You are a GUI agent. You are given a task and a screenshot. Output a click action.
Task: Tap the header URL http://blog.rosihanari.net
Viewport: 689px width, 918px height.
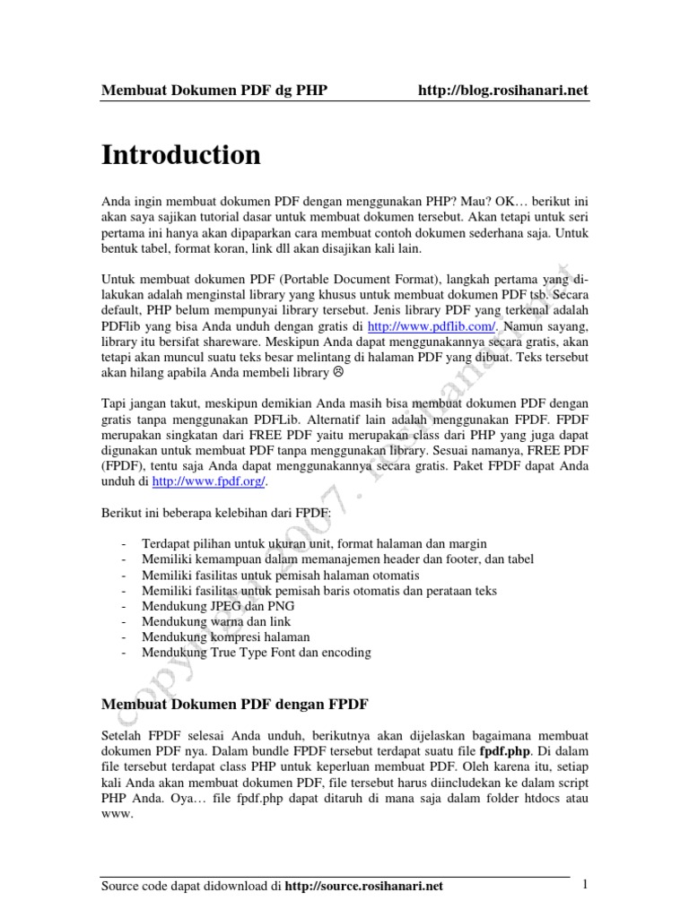point(503,91)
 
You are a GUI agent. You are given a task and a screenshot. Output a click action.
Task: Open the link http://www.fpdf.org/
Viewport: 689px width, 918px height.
point(209,481)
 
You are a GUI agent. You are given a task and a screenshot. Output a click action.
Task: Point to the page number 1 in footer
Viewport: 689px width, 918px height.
point(584,885)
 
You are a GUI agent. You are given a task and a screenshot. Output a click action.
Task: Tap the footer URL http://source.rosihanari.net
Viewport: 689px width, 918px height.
point(363,887)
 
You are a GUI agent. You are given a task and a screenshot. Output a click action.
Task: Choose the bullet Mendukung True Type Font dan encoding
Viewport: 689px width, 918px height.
point(256,653)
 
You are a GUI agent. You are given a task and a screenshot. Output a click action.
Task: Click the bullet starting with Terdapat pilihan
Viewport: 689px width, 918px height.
point(314,543)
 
